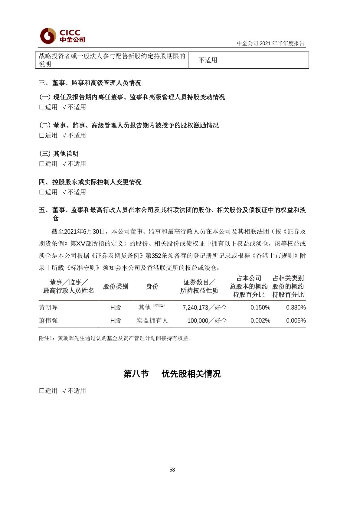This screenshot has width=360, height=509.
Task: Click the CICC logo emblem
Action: [48, 36]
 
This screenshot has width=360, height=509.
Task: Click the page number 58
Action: [172, 470]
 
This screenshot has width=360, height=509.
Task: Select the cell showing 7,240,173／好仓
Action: [205, 308]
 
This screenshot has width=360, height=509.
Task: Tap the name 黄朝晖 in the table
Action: [48, 308]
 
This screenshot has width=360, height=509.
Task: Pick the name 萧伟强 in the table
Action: [48, 321]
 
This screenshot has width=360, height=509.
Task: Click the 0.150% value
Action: [260, 308]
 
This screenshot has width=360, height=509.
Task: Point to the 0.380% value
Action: [296, 308]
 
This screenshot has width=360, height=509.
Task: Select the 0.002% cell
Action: [260, 321]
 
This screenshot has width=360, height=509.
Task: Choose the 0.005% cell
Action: [296, 321]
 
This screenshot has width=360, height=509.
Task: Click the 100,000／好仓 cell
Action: [207, 321]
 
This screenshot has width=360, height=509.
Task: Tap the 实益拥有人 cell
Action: [152, 321]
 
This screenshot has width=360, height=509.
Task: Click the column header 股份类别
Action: [116, 286]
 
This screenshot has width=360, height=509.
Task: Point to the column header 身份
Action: [152, 286]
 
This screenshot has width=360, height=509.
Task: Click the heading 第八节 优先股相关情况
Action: [172, 374]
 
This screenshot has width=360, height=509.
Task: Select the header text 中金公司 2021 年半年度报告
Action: [270, 43]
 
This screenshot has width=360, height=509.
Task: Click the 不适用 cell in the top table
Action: [208, 60]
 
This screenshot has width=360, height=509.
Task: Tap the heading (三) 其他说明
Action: [59, 154]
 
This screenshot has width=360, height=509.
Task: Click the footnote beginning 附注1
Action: [115, 338]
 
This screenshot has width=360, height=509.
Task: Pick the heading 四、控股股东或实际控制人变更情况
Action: [90, 182]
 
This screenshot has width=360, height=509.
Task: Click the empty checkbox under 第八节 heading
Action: [42, 391]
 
